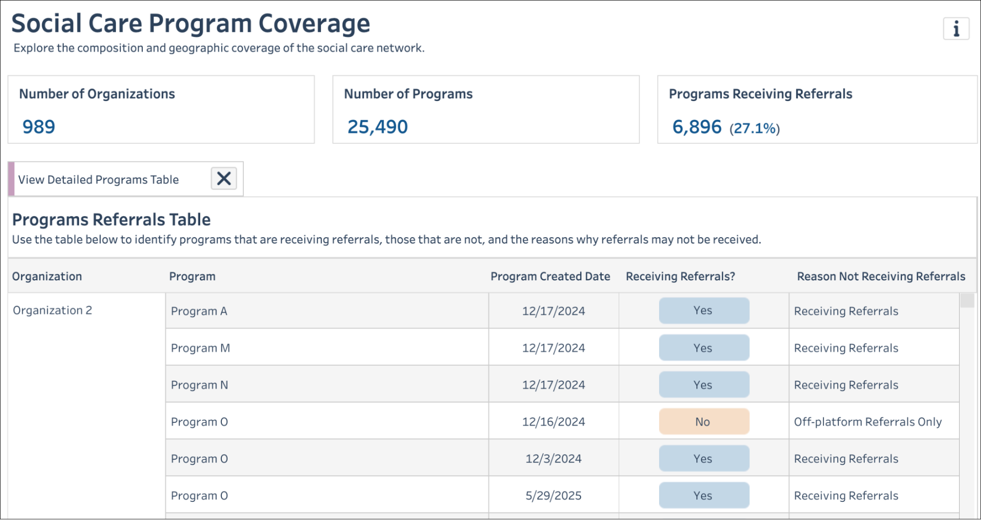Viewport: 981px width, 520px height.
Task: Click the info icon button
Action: (955, 29)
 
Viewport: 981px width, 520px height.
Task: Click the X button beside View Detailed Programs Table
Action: (224, 178)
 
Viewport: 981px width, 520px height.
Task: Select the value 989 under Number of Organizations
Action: (39, 127)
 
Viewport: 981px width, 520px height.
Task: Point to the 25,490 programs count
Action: (377, 127)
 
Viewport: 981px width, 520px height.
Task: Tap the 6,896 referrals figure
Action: (696, 127)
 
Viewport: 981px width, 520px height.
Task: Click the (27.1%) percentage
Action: (754, 128)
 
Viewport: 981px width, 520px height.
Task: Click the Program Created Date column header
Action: (550, 276)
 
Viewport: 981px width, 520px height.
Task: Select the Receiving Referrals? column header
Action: (680, 276)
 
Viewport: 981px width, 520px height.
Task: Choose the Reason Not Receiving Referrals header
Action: (881, 276)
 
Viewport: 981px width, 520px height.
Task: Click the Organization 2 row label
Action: (53, 310)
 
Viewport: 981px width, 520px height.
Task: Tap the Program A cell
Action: (199, 311)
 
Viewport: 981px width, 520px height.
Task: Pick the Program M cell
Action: (200, 348)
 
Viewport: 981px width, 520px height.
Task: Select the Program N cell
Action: (199, 385)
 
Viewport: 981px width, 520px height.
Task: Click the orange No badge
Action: (704, 422)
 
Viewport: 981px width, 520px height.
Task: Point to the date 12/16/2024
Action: (553, 422)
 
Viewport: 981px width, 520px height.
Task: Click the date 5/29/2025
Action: (553, 495)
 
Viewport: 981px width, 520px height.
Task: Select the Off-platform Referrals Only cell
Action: (868, 422)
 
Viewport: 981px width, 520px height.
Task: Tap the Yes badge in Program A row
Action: (704, 310)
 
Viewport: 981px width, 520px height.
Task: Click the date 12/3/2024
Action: (553, 459)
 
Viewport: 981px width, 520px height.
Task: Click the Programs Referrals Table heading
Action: (111, 219)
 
